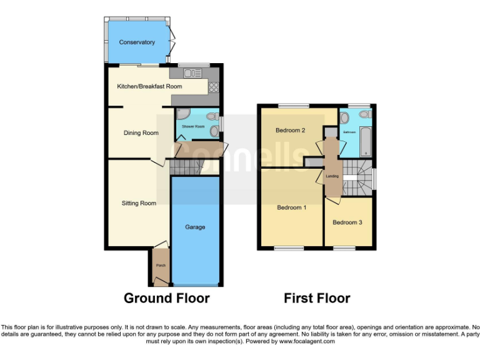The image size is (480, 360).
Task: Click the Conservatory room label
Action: [137, 42]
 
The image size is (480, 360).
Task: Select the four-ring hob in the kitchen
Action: [213, 87]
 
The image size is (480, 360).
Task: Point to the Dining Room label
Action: [141, 132]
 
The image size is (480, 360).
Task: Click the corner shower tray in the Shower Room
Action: [182, 115]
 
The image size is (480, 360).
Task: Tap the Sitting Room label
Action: [139, 203]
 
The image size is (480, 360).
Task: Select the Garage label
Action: [195, 227]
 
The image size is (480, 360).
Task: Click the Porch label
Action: [160, 265]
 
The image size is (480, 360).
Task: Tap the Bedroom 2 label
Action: [291, 131]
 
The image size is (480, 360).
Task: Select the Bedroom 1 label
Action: [291, 207]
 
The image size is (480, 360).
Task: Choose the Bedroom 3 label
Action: [347, 222]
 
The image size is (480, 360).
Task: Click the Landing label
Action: [332, 176]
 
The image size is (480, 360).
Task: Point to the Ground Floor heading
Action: [166, 298]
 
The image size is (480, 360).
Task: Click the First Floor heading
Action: [317, 298]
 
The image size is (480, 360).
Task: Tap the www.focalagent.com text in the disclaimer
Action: [306, 341]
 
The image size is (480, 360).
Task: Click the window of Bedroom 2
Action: [293, 106]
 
